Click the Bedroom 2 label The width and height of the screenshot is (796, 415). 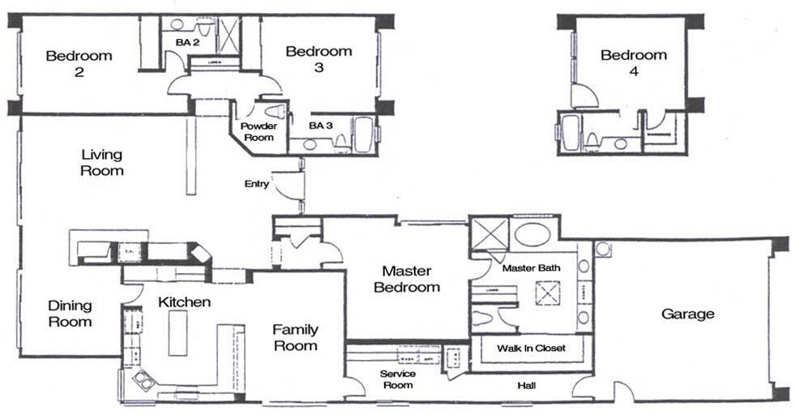coord(79,63)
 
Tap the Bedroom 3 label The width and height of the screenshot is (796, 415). coord(319,59)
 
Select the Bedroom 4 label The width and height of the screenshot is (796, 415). coord(633,63)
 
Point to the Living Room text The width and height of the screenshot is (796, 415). coord(102,162)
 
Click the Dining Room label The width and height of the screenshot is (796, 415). coord(70,314)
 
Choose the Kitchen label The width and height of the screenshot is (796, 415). coord(184,302)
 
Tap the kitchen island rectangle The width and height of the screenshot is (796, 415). coord(178,332)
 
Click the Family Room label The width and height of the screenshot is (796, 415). coord(295,337)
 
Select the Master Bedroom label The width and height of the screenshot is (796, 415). coord(412,279)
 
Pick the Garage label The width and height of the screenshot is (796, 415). coord(687,314)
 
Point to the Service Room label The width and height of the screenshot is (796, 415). coord(398,379)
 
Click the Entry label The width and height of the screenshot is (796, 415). coord(256,184)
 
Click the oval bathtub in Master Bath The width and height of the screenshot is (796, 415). coord(532,234)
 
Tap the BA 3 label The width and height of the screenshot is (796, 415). coord(321,126)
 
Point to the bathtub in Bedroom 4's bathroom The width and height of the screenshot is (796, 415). coord(571,132)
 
